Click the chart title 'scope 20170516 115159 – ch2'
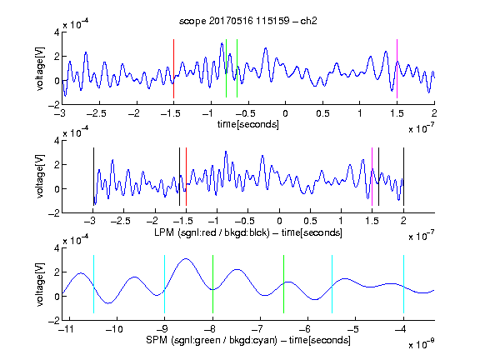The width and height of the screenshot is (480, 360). (x=248, y=21)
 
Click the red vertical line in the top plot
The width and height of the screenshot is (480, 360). (x=173, y=68)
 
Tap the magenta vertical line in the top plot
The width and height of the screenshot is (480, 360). (x=397, y=68)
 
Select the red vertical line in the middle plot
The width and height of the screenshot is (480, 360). (x=186, y=177)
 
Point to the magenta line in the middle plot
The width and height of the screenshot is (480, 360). (x=372, y=177)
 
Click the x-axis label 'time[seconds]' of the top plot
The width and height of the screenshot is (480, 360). (x=248, y=124)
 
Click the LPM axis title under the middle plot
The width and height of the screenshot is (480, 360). (x=248, y=232)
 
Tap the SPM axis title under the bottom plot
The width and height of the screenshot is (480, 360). (x=248, y=340)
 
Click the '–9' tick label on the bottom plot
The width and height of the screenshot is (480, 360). (x=164, y=329)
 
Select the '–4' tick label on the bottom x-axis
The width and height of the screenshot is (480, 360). (x=400, y=329)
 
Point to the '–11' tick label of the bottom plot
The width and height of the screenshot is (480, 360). (x=68, y=329)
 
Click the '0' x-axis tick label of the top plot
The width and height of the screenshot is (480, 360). (x=285, y=113)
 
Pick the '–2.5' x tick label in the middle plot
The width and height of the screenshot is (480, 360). (x=121, y=221)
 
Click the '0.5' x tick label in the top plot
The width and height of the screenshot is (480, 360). (x=322, y=113)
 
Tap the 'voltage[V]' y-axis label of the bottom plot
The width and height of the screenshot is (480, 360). (x=40, y=285)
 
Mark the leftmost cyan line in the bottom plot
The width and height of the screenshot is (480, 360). (x=93, y=284)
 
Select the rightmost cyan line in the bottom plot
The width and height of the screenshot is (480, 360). (x=403, y=284)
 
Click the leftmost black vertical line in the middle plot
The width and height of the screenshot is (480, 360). (x=93, y=177)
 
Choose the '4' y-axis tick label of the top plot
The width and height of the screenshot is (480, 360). (x=57, y=32)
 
